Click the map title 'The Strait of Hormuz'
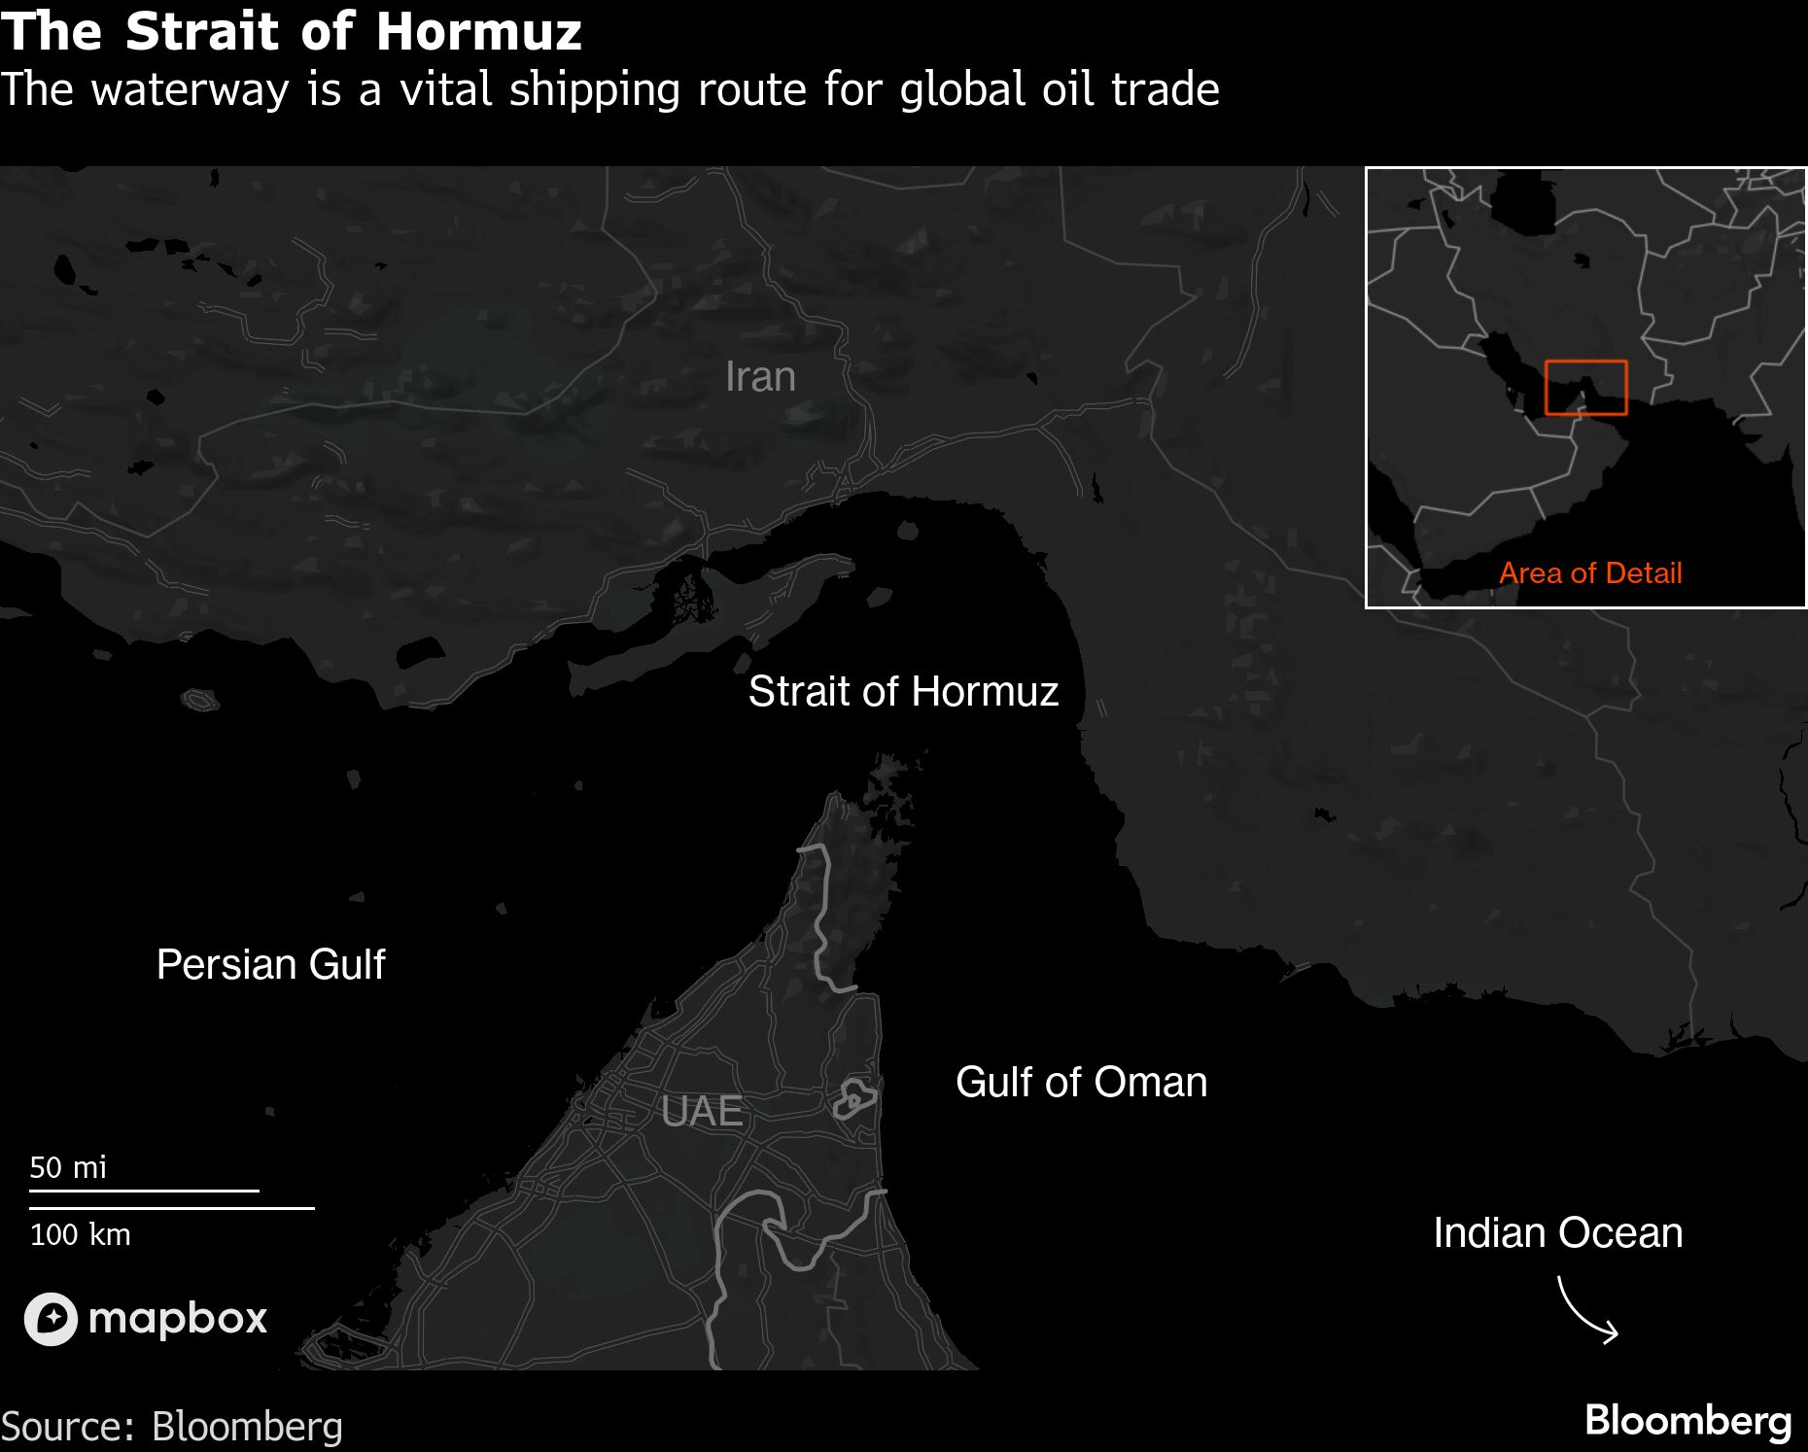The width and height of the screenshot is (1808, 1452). (292, 31)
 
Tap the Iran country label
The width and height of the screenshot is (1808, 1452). (760, 377)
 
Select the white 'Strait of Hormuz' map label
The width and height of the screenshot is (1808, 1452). (903, 692)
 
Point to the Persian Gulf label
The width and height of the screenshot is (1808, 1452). (270, 965)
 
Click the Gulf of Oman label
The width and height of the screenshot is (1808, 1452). (1081, 1083)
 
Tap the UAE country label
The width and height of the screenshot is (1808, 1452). (702, 1112)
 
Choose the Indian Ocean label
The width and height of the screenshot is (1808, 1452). (1557, 1233)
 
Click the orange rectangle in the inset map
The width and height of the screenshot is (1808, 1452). (1585, 388)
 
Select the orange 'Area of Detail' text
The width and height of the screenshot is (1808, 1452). (1590, 573)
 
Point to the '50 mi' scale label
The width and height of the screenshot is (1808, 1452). (68, 1167)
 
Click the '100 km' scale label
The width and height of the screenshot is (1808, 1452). (80, 1235)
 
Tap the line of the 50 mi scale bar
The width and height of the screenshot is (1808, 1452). (144, 1191)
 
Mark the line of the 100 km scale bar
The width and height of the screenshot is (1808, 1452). (172, 1209)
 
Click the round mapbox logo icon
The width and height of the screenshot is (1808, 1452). (51, 1319)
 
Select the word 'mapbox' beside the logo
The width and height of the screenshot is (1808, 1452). (177, 1319)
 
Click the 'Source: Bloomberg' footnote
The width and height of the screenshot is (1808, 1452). (172, 1427)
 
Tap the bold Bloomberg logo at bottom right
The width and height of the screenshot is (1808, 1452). (1687, 1421)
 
